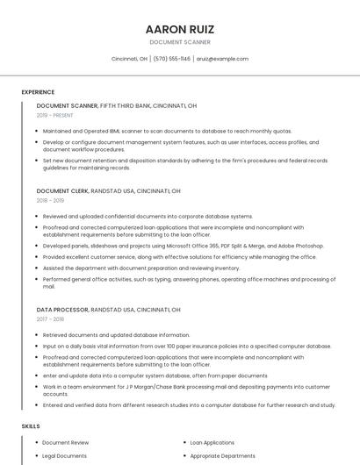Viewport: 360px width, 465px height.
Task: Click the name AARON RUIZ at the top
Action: tap(179, 29)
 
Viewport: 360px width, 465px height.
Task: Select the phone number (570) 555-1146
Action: tap(171, 59)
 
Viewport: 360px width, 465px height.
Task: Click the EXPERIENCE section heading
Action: tap(38, 92)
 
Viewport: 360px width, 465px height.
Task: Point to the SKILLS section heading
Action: tap(31, 426)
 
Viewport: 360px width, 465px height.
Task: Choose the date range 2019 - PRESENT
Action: tap(55, 115)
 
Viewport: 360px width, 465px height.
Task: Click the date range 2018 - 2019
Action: tap(50, 200)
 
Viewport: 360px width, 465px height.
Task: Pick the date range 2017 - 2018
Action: tap(50, 319)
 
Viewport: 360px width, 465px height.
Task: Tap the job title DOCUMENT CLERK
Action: tap(62, 190)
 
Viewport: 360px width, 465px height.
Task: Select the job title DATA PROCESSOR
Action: tap(62, 310)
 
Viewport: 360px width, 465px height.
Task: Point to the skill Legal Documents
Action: tap(65, 456)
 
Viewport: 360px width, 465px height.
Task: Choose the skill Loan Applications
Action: tap(212, 443)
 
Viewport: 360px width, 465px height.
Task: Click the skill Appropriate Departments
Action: tap(223, 456)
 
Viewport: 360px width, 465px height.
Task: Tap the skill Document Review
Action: tap(66, 443)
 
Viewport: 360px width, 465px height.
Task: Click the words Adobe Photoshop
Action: tap(301, 247)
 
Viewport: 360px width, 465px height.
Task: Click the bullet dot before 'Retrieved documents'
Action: tap(38, 335)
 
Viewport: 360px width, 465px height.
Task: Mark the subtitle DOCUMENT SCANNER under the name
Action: tap(179, 42)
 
